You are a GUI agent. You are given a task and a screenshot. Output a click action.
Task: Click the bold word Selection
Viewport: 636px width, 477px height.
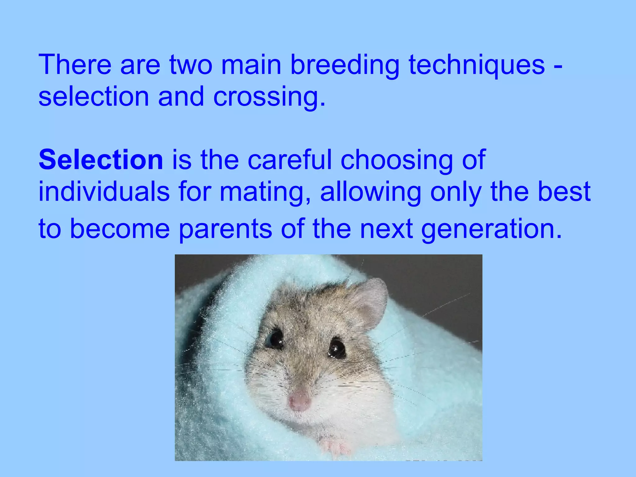(101, 160)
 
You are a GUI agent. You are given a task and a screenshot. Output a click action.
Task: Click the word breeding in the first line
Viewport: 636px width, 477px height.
(345, 65)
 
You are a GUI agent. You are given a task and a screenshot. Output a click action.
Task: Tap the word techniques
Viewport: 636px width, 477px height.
(477, 65)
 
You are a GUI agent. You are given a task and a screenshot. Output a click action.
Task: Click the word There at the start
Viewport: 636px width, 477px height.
(75, 65)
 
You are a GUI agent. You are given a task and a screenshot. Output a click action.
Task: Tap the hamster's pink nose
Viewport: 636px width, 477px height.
(299, 400)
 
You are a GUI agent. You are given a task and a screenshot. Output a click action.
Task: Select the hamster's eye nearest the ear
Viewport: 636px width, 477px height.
(337, 348)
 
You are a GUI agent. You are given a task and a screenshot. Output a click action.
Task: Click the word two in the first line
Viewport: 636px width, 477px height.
(190, 65)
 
